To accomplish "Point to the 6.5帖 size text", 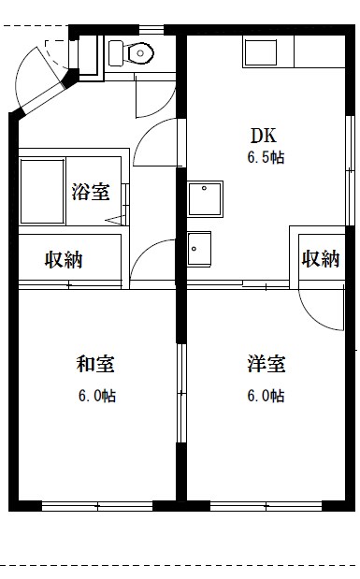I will (x=266, y=157).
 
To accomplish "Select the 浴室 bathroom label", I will (x=90, y=193).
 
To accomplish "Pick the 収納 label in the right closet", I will (x=320, y=259).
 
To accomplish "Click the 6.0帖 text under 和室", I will (x=96, y=396).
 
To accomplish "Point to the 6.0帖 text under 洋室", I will (x=266, y=396).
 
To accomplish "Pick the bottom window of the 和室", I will (x=97, y=506).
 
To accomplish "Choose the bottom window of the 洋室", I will (x=266, y=506).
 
